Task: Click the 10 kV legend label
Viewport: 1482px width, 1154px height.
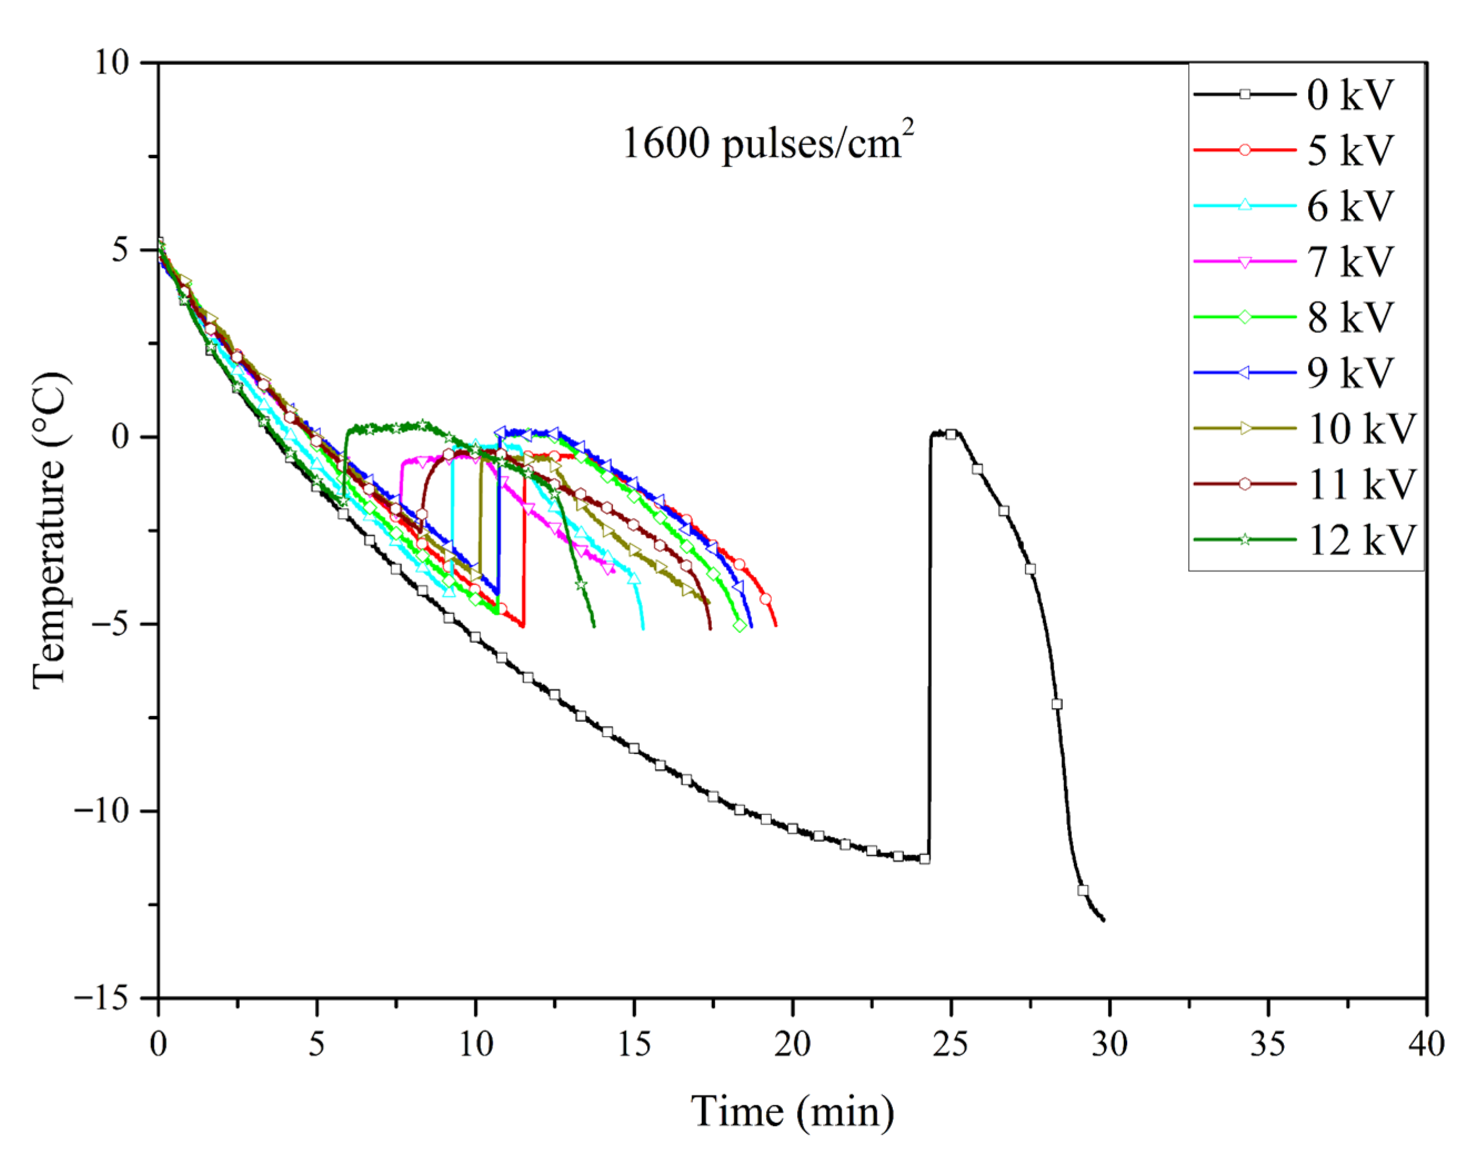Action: coord(1361,429)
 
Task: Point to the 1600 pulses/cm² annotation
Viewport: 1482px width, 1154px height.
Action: coord(767,143)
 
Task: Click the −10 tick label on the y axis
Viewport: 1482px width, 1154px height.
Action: coord(102,811)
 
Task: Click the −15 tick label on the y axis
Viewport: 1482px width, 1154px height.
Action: coord(102,998)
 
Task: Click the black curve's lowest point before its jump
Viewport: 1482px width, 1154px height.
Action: coord(924,859)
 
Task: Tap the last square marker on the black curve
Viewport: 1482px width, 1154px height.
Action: coord(1083,890)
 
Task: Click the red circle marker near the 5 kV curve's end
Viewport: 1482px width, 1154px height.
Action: coord(765,599)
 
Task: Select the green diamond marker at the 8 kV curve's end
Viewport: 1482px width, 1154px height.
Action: coord(740,626)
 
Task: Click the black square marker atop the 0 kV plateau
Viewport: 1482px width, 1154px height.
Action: coord(951,434)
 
